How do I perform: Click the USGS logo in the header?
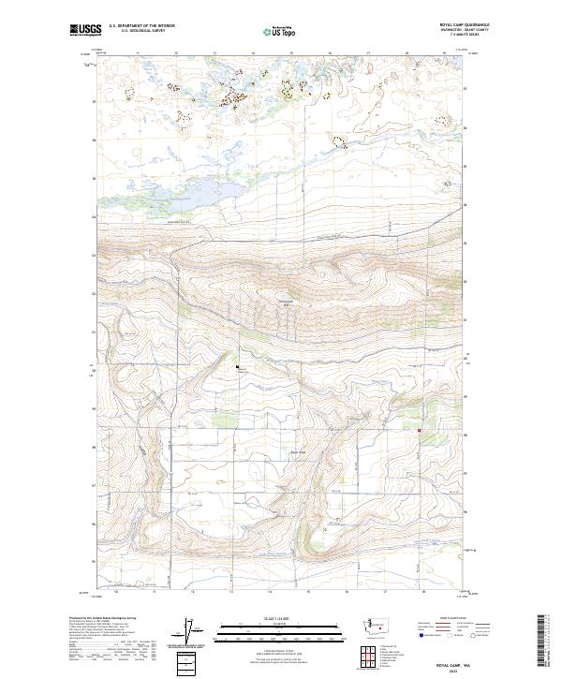85,30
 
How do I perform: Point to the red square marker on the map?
420,431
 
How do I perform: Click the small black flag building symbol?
239,366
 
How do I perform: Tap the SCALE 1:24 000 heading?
269,617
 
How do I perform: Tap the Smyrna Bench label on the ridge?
287,302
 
